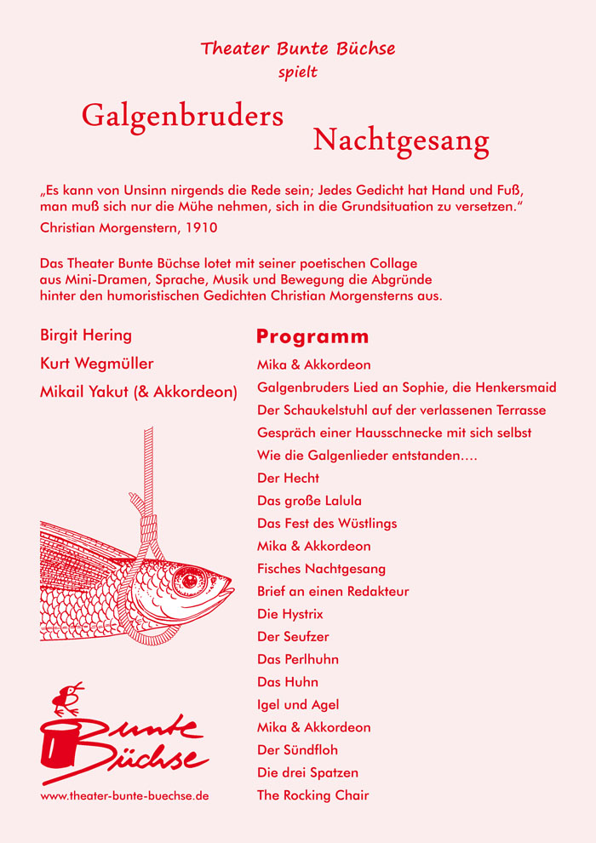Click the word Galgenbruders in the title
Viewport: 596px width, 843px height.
tap(182, 116)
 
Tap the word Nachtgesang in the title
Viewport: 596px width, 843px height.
tap(401, 140)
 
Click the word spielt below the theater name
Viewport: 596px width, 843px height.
tap(298, 72)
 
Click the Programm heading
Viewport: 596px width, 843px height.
tap(312, 336)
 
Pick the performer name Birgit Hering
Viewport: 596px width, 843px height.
tap(86, 335)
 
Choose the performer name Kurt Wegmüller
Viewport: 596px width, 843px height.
tap(97, 364)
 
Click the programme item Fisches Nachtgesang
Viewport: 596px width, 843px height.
tap(321, 569)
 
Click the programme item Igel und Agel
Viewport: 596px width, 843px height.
tap(298, 705)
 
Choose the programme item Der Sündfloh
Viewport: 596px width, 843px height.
tap(297, 750)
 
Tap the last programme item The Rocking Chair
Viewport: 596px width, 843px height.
tap(312, 796)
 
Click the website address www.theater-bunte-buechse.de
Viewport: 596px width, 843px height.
tap(124, 796)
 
